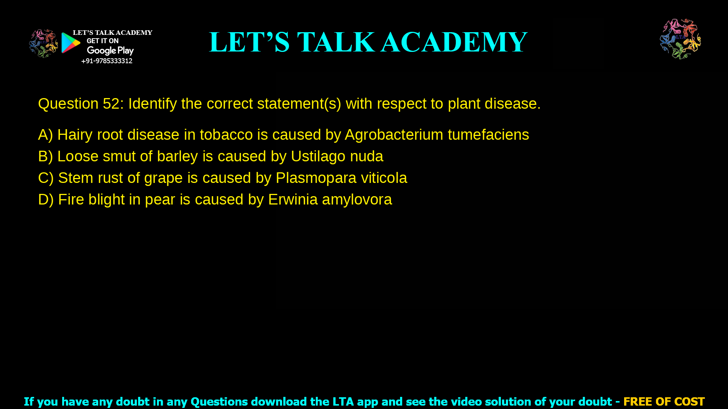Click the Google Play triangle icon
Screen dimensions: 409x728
point(71,43)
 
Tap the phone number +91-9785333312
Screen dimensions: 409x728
point(107,61)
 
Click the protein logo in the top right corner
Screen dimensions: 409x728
point(680,39)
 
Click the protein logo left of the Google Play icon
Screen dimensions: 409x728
point(43,44)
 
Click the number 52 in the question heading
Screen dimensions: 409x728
point(111,104)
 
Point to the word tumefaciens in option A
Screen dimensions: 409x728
point(488,135)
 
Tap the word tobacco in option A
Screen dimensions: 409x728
point(226,135)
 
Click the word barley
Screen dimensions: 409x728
point(177,156)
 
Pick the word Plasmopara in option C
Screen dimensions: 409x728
point(316,178)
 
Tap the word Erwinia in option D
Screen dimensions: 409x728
point(293,200)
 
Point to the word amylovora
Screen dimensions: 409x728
point(357,200)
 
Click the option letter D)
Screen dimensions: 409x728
point(46,200)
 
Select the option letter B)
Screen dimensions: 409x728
point(45,156)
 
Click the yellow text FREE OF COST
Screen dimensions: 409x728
point(664,401)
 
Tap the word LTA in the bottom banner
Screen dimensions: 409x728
point(343,401)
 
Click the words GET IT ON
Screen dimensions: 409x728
point(102,41)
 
